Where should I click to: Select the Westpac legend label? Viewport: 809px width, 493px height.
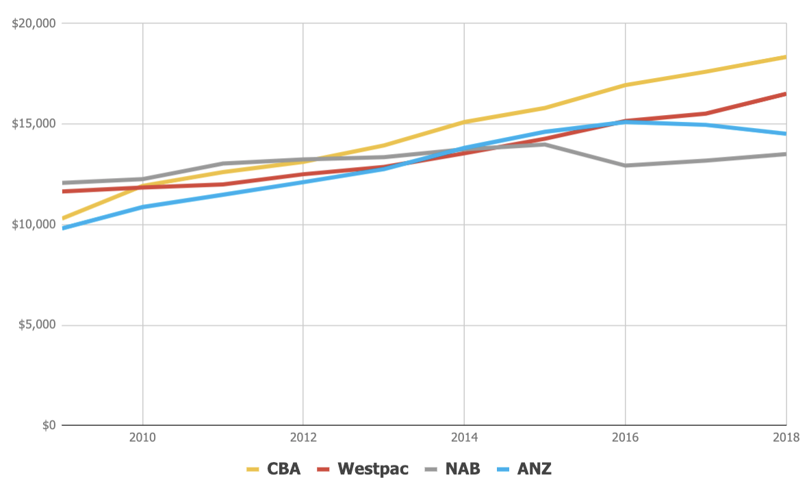[x=372, y=469]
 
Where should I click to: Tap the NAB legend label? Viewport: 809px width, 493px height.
[x=462, y=469]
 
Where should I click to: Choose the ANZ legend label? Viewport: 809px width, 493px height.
[x=535, y=469]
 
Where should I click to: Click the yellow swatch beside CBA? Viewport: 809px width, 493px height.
[x=255, y=470]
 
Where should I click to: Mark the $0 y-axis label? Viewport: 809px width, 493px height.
[x=46, y=425]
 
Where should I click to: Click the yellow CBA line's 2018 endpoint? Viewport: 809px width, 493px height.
[x=785, y=57]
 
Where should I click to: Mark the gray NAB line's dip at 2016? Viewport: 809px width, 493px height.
[x=625, y=165]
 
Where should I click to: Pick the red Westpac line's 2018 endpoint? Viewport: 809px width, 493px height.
[x=785, y=94]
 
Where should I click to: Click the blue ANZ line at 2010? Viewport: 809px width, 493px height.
[x=142, y=207]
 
